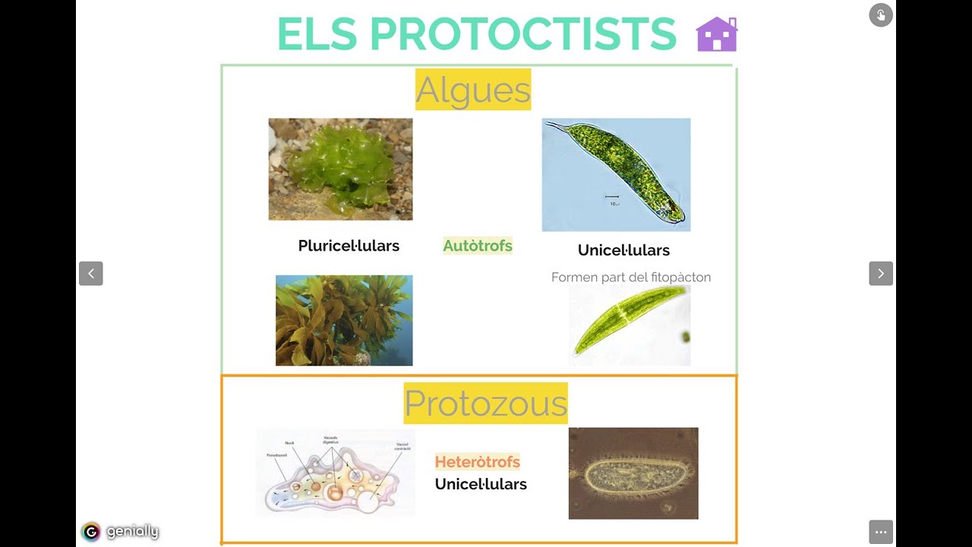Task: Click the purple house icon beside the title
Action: point(716,34)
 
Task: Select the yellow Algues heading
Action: point(473,90)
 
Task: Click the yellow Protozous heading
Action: point(485,403)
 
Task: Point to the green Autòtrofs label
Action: point(478,245)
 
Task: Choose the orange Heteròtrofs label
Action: point(477,462)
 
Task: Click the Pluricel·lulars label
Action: point(349,245)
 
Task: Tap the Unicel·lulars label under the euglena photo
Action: point(623,250)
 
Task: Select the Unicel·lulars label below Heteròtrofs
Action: point(481,484)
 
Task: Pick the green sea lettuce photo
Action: point(340,169)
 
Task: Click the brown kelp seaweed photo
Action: point(344,320)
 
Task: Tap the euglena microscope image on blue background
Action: point(616,174)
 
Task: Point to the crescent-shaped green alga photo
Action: point(630,325)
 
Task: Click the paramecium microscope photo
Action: point(633,473)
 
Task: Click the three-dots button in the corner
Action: point(881,532)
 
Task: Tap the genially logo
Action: point(120,532)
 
